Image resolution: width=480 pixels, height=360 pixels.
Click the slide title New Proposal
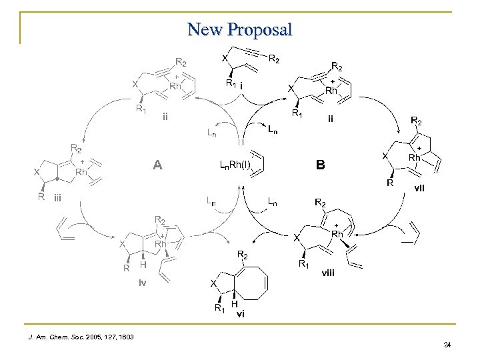point(240,29)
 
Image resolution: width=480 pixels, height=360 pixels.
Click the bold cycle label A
point(157,165)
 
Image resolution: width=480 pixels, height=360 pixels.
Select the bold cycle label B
point(321,165)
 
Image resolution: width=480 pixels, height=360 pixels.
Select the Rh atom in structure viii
point(337,234)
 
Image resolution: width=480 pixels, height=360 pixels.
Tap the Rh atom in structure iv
point(161,245)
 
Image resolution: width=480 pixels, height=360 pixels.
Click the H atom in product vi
point(234,303)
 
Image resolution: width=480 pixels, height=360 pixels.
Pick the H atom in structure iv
point(143,265)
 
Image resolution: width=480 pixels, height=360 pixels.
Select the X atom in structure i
point(225,58)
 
